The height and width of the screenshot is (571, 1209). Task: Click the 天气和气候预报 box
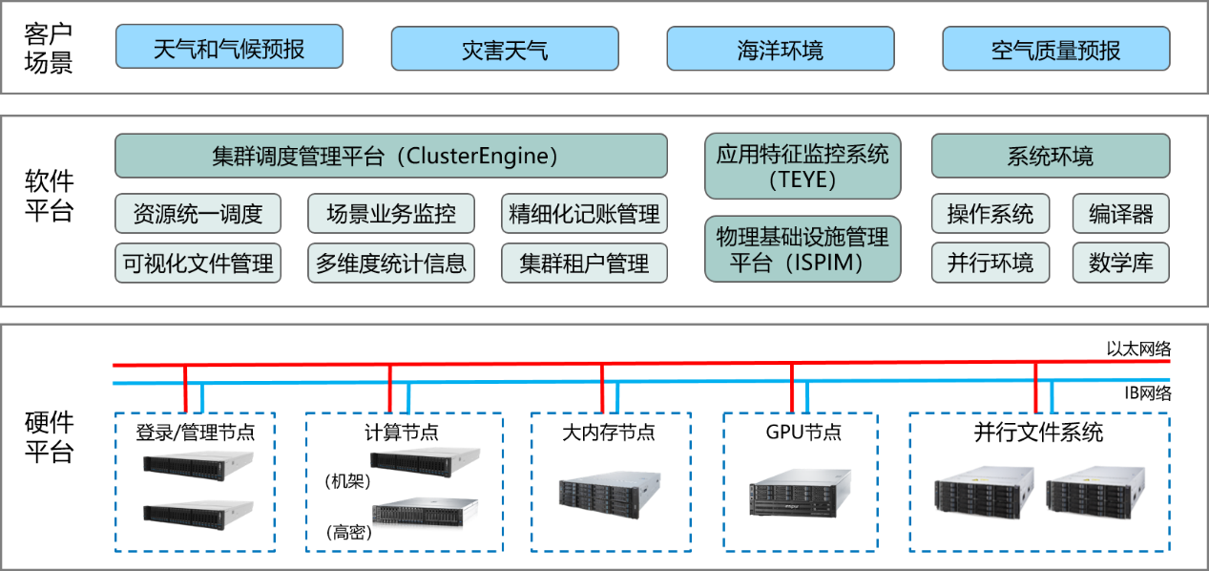click(229, 48)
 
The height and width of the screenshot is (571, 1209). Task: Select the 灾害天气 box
click(505, 49)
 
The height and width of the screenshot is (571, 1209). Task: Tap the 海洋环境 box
click(780, 49)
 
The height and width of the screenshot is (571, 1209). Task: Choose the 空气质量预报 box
click(1055, 49)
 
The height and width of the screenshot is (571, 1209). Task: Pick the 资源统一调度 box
click(198, 214)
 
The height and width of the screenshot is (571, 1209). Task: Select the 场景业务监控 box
click(391, 214)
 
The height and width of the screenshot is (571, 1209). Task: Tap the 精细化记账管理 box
click(584, 214)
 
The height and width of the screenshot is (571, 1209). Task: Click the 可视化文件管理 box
click(198, 263)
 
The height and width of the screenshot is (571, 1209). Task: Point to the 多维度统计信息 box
click(391, 263)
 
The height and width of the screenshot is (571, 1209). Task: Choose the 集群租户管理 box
click(584, 263)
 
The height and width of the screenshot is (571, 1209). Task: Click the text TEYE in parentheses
click(802, 179)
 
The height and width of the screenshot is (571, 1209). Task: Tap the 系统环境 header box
click(1050, 156)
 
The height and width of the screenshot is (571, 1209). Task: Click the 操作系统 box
click(990, 214)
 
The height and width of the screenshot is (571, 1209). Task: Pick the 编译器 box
click(1120, 214)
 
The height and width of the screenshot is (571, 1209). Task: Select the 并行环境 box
click(990, 263)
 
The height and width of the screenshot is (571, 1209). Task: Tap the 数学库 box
click(1120, 263)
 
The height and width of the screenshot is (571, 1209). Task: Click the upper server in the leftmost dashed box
click(199, 462)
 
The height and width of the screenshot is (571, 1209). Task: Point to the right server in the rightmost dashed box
click(1094, 493)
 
